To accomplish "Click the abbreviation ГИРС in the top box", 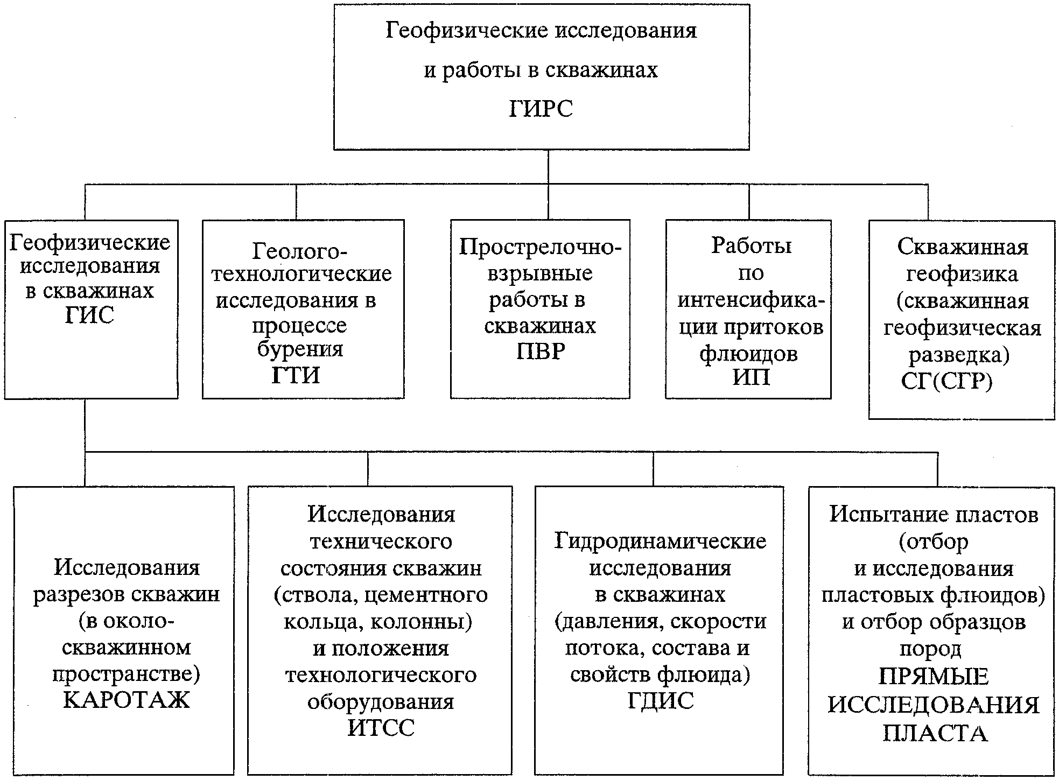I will [541, 109].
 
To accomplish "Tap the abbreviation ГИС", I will [89, 315].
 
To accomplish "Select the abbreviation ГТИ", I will [296, 375].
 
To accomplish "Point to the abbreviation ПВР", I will [541, 352].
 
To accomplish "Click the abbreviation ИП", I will [751, 377].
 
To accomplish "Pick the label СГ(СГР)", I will [946, 381].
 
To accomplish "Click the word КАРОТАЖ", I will [126, 700].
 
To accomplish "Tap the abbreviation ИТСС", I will [381, 728].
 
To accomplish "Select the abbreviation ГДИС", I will [660, 700].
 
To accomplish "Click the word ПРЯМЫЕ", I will [934, 676].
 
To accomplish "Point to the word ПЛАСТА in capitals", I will [935, 734].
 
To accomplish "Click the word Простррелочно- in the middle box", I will [540, 247].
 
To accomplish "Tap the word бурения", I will [300, 349].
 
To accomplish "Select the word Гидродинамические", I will [660, 541].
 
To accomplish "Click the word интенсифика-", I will [751, 300].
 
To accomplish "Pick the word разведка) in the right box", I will [959, 355].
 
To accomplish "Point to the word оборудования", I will [381, 701].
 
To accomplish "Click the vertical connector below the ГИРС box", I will [548, 167].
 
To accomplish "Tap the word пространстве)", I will [126, 674].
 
